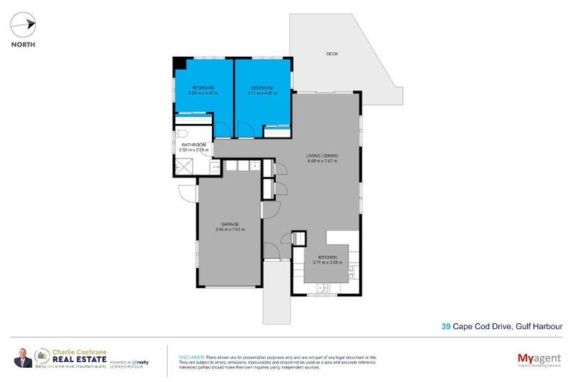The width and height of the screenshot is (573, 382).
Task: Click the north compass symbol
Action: (22, 25)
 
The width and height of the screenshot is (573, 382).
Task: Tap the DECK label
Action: (332, 54)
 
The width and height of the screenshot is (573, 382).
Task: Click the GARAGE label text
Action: (230, 224)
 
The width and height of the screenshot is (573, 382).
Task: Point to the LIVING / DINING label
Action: (322, 156)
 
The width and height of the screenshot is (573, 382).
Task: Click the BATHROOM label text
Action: (193, 144)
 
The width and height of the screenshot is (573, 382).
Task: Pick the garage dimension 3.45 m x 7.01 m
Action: (230, 230)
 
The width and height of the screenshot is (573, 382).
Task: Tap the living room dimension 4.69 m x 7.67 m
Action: (322, 162)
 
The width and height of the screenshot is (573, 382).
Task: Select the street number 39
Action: (445, 326)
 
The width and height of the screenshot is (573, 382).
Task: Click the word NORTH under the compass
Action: (22, 44)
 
